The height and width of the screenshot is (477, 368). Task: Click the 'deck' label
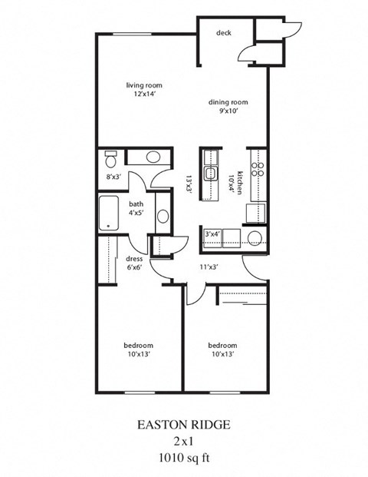223,33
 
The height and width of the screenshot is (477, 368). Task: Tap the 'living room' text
144,85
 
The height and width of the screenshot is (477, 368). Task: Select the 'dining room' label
228,102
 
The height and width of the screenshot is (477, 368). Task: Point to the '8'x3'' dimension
113,176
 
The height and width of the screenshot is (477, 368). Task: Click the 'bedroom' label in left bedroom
139,345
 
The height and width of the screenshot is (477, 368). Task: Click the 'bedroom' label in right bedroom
222,345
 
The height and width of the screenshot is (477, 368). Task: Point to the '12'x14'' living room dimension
144,95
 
